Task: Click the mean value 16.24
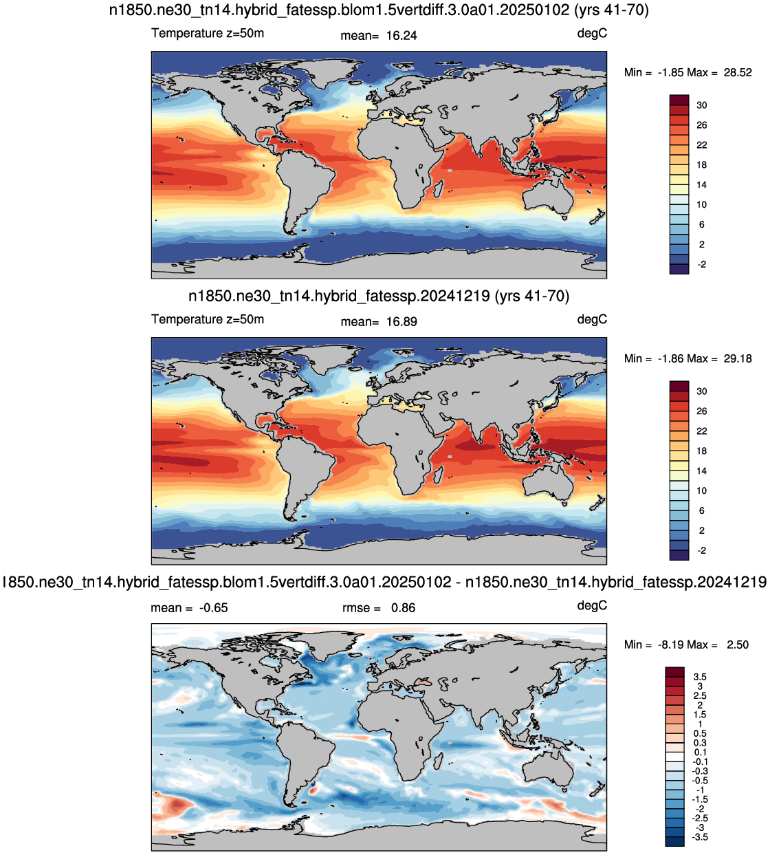click(x=401, y=35)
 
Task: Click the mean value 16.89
click(x=401, y=322)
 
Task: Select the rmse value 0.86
click(x=403, y=608)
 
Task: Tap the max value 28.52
click(x=738, y=72)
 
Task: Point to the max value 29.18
click(x=738, y=359)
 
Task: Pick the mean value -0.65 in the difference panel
click(x=214, y=608)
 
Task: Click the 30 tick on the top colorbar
click(x=701, y=105)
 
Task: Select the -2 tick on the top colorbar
click(x=701, y=265)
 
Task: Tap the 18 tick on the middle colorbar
click(x=701, y=451)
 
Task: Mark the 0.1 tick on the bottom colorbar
click(x=700, y=753)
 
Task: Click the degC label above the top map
click(x=592, y=34)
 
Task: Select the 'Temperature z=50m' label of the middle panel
click(x=208, y=320)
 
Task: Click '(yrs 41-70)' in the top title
click(x=611, y=10)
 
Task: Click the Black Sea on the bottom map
click(x=423, y=682)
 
